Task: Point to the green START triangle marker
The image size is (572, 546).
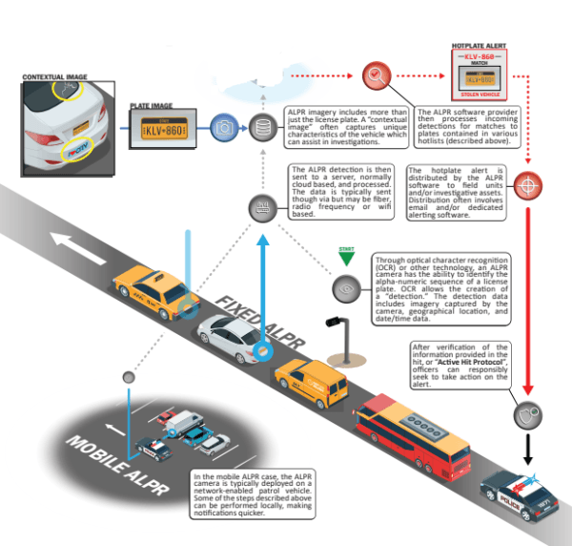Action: point(346,255)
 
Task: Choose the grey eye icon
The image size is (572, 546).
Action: point(343,287)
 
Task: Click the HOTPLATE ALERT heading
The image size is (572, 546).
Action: point(481,44)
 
